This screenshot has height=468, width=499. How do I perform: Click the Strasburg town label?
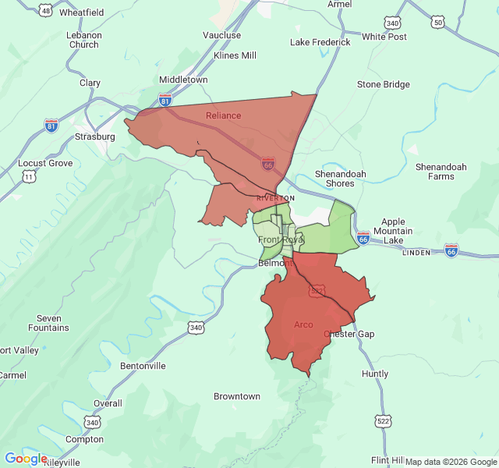(x=94, y=136)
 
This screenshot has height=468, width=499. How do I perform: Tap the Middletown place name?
(x=183, y=80)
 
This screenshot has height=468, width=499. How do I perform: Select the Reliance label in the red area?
(x=223, y=115)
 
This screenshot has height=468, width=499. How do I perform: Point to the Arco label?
(x=303, y=324)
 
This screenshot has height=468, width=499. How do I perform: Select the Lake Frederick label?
(x=320, y=42)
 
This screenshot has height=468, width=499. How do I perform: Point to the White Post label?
(x=384, y=37)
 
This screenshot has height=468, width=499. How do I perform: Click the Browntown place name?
(x=237, y=396)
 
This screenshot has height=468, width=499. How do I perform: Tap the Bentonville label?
(x=143, y=365)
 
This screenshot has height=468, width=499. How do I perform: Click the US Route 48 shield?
(x=46, y=11)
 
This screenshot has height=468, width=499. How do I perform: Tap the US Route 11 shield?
(x=29, y=178)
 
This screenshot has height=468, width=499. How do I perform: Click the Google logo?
(x=25, y=459)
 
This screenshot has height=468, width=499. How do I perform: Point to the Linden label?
(x=416, y=253)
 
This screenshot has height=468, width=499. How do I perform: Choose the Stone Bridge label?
(x=383, y=84)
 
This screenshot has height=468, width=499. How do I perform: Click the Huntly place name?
(x=375, y=374)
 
